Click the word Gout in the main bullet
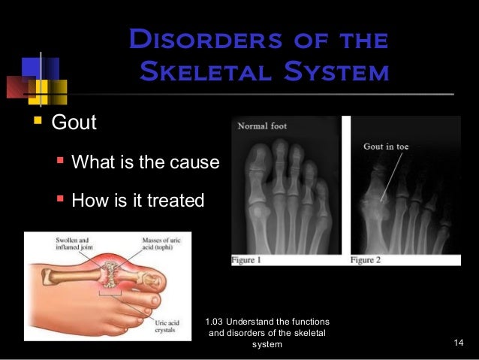coord(73,122)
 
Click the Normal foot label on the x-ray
coord(263,126)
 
